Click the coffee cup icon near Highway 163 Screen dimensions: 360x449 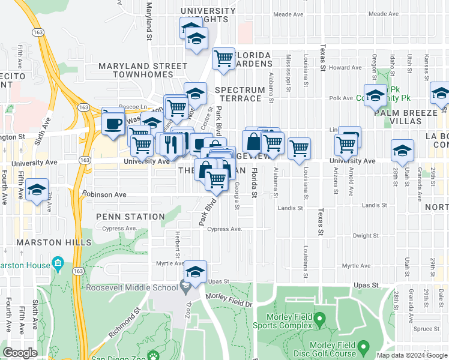pos(113,124)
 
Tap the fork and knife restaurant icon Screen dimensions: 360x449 pos(170,144)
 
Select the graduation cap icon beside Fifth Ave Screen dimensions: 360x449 pos(37,190)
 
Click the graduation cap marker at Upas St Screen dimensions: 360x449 pos(195,272)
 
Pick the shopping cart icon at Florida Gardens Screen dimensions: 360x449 pos(223,59)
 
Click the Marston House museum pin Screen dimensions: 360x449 pos(58,263)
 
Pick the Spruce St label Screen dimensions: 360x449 pos(427,329)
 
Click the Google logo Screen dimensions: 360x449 pos(20,353)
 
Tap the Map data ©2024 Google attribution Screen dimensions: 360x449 pos(411,355)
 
